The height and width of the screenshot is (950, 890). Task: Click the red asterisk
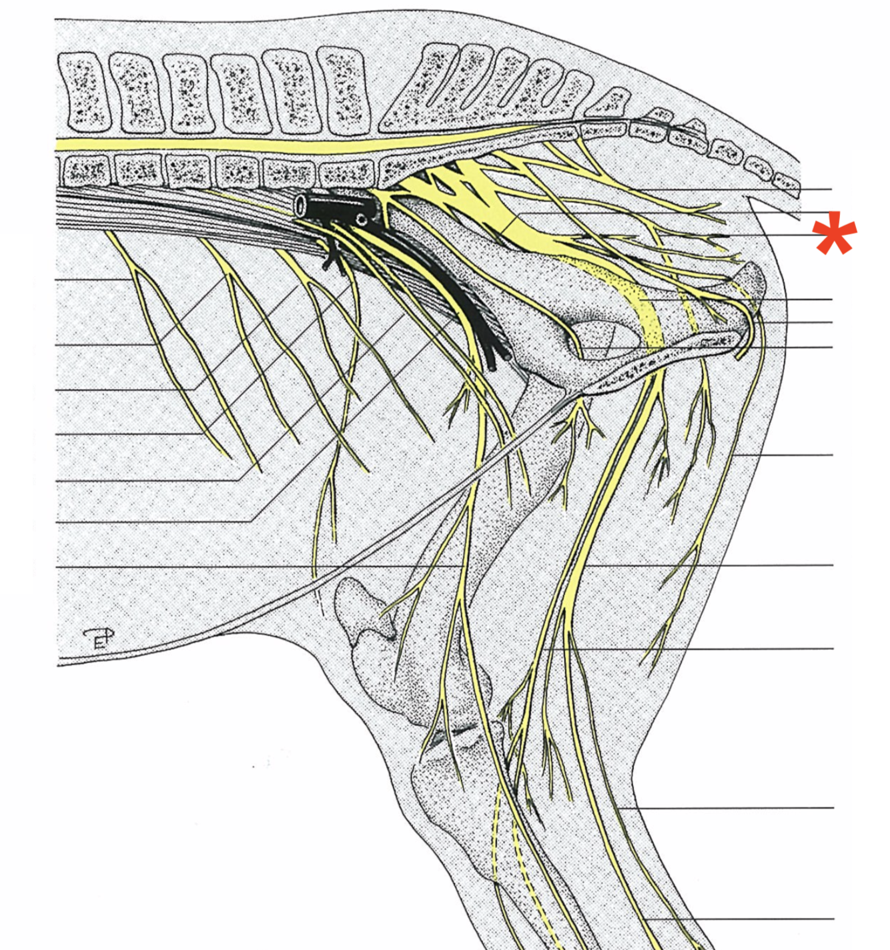[x=835, y=233]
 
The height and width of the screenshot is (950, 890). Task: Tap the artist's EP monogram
[x=99, y=638]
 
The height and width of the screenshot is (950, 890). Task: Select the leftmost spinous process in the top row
[x=81, y=91]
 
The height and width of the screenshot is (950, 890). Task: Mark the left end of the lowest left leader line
[x=58, y=566]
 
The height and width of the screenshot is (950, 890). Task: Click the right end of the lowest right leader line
[x=833, y=919]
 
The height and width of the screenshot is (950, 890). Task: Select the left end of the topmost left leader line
[x=58, y=279]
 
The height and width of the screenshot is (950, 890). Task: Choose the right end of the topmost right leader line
[x=831, y=190]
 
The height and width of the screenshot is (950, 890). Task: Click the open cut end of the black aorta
[x=302, y=205]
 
